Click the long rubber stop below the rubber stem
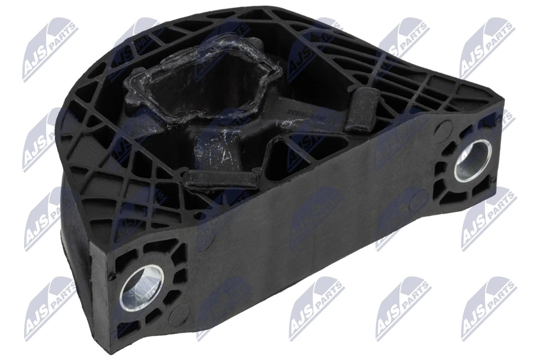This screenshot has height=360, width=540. [219, 178]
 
